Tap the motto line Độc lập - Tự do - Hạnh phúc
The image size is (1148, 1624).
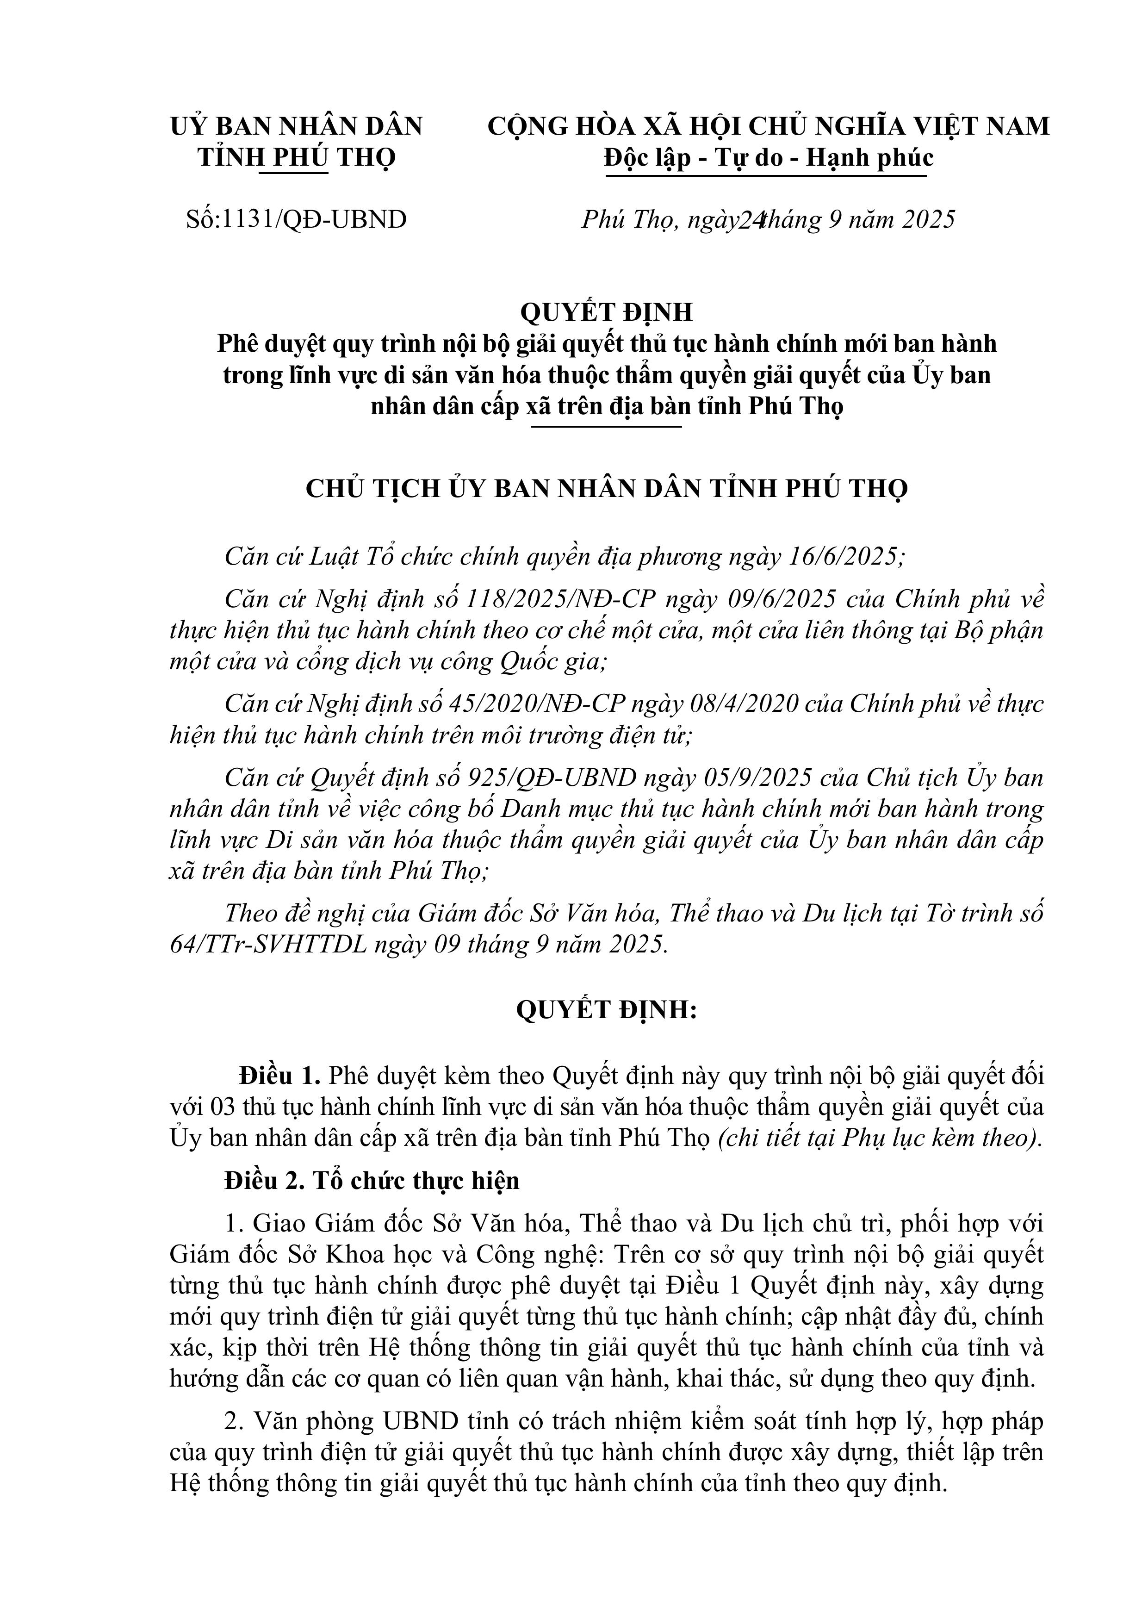[768, 157]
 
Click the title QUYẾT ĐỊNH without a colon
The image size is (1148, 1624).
[606, 312]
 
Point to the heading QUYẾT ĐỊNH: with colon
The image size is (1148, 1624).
[606, 1010]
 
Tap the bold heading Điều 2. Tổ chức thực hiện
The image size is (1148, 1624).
[372, 1181]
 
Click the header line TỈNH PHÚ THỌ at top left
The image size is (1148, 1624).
[297, 157]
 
